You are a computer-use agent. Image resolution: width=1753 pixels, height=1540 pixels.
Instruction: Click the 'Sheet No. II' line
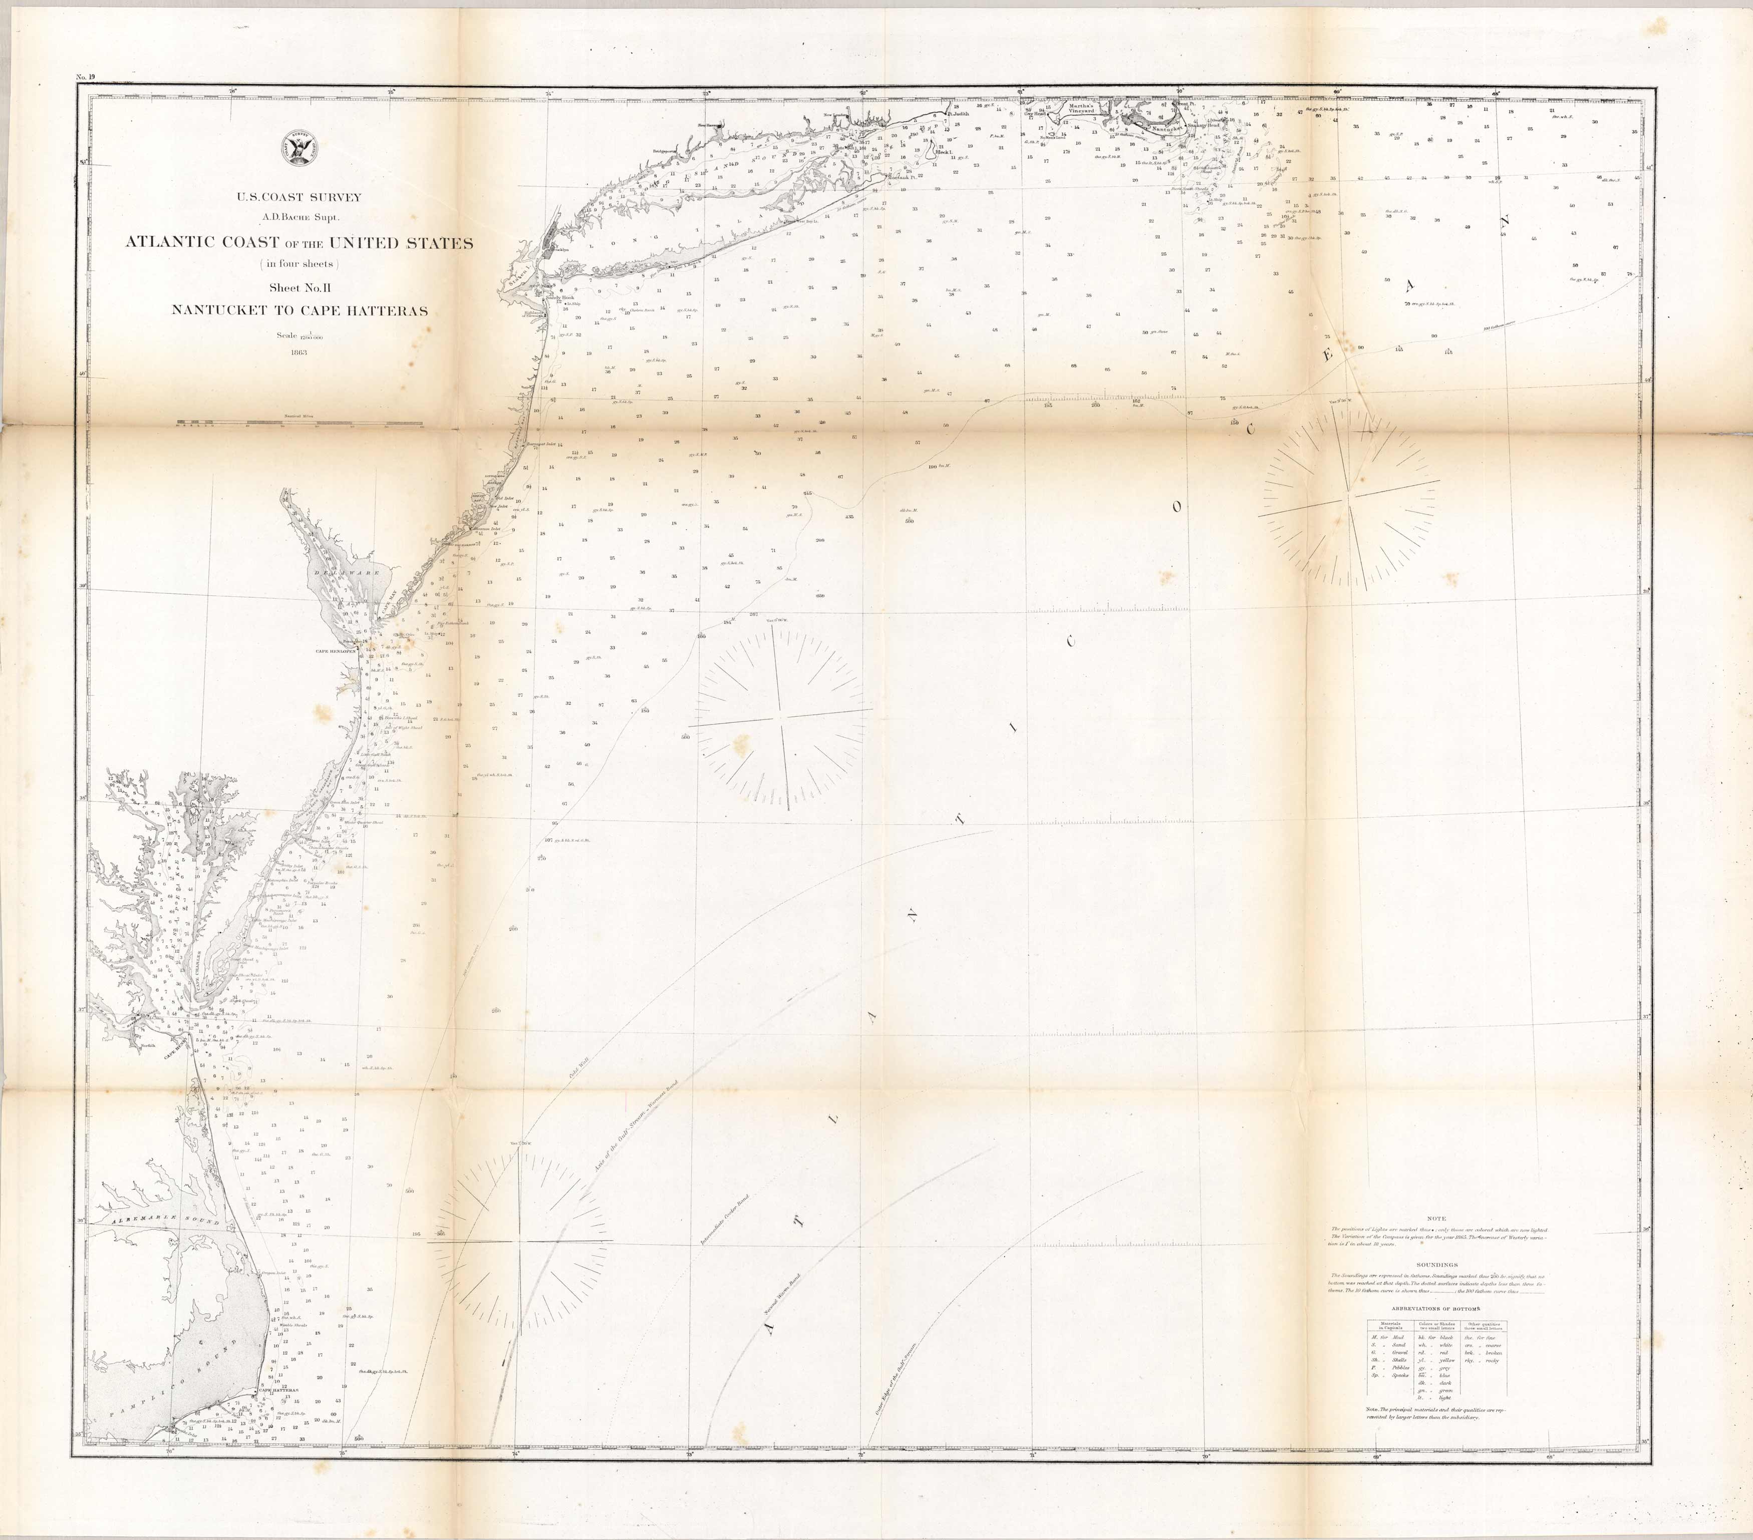click(x=300, y=288)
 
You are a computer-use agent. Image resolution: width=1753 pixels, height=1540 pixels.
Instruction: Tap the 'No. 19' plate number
click(x=86, y=77)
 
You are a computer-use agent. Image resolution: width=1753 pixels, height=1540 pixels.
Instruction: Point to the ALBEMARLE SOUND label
click(x=159, y=1219)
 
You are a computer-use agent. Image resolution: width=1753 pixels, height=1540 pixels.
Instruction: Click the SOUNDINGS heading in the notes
click(x=1436, y=1265)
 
